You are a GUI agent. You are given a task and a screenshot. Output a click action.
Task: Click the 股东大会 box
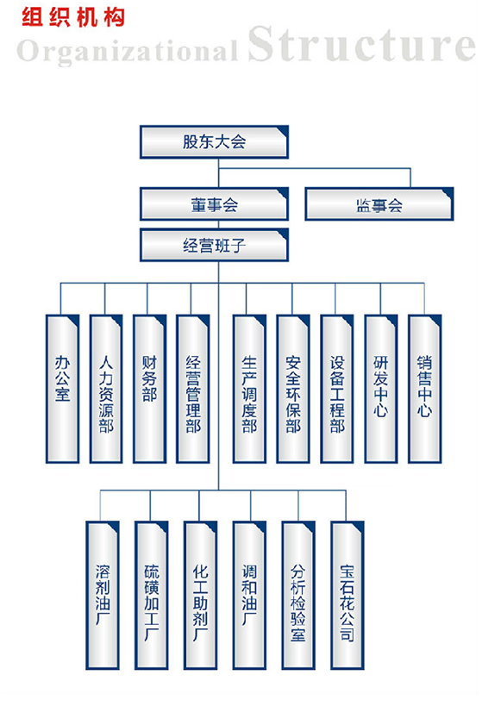(214, 142)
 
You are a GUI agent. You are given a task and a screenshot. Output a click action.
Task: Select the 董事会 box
(214, 204)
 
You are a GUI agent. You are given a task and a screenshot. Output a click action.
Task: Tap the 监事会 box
(379, 204)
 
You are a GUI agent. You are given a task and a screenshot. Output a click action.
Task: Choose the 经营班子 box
(214, 245)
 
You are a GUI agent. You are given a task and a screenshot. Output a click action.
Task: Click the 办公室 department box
(63, 389)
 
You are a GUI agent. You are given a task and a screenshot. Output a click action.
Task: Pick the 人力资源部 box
(106, 389)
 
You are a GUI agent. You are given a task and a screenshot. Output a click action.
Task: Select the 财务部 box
(150, 389)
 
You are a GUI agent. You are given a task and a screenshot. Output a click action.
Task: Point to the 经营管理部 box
(193, 389)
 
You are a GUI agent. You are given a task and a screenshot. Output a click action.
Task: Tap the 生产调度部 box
(249, 389)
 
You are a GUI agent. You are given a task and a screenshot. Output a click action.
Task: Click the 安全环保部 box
(293, 389)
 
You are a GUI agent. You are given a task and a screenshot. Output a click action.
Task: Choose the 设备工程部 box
(337, 389)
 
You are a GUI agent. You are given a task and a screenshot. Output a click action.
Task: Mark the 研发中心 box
(380, 389)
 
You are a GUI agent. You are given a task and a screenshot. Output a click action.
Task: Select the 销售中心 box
(425, 389)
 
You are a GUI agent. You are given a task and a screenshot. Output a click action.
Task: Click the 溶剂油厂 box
(103, 596)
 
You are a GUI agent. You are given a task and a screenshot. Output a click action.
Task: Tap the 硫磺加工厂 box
(152, 596)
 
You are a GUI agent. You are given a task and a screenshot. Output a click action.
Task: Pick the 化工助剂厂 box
(200, 596)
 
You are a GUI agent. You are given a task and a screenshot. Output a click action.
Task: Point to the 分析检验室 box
(298, 596)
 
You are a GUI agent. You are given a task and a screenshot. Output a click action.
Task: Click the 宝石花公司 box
(348, 596)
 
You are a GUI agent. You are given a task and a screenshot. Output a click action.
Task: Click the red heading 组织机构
(72, 18)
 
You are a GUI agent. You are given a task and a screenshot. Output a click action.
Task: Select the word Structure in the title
(361, 44)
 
